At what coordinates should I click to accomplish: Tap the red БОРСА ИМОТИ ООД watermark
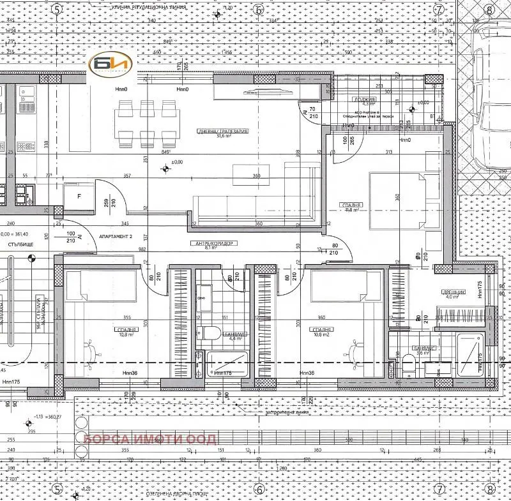[151, 439]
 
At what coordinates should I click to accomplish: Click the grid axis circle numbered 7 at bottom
[439, 489]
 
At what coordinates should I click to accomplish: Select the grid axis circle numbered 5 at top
[57, 10]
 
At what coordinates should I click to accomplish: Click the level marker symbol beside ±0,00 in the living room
[165, 169]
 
